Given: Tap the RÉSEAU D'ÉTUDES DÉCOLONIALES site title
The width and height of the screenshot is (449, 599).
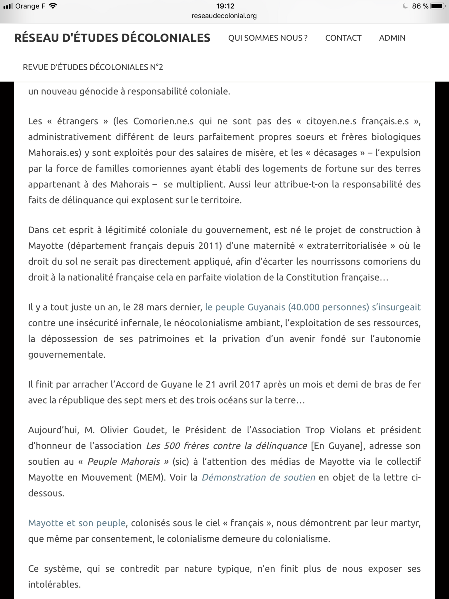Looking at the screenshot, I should click(x=112, y=38).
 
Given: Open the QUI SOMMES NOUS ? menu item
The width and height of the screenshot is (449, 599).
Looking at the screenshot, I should click(x=268, y=38).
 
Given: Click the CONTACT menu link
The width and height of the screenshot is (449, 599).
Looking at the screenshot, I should click(x=343, y=38).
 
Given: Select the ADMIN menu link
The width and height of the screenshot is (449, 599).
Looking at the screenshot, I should click(x=392, y=38).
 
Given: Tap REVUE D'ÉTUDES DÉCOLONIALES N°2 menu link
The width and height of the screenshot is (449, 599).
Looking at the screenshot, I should click(x=93, y=67).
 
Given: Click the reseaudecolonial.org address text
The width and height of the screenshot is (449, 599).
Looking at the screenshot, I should click(x=224, y=16).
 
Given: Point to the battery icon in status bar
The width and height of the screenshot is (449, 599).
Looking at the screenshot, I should click(x=438, y=6).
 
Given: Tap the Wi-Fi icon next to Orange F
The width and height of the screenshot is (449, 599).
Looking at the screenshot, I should click(x=53, y=6).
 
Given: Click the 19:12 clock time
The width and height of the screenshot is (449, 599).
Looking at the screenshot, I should click(x=225, y=6).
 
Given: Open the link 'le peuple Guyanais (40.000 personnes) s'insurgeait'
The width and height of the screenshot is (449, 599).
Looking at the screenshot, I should click(x=313, y=307).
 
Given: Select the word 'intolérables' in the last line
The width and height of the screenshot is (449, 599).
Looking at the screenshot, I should click(x=54, y=584).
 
